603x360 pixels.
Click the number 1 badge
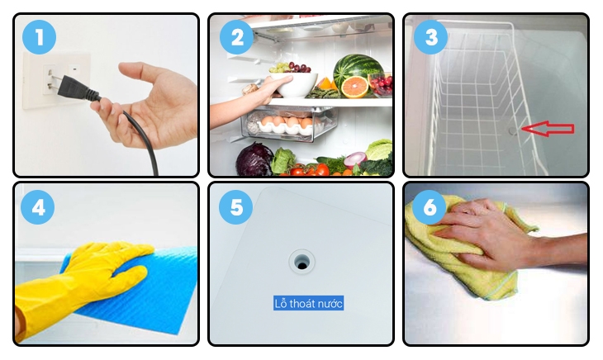pyautogui.click(x=38, y=37)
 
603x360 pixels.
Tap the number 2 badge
pyautogui.click(x=236, y=37)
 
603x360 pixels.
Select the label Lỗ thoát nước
pyautogui.click(x=308, y=303)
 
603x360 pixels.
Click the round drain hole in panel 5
pyautogui.click(x=301, y=262)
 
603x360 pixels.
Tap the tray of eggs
pyautogui.click(x=285, y=126)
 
